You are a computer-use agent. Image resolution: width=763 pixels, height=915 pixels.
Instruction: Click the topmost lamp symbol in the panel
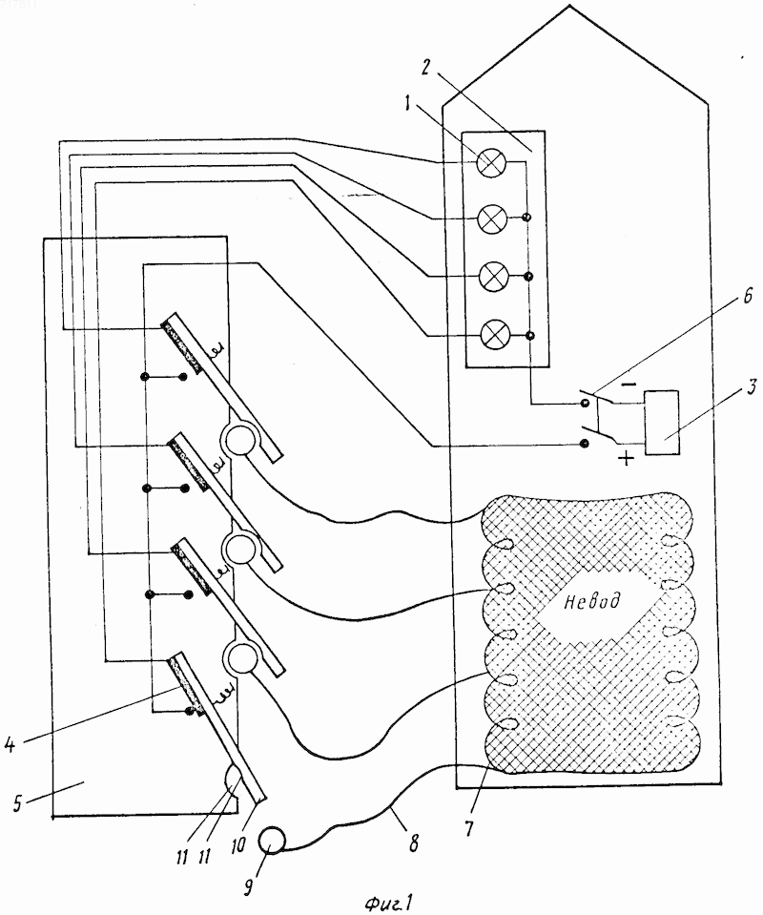pos(492,162)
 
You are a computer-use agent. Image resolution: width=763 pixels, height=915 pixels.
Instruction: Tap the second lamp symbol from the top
pos(493,218)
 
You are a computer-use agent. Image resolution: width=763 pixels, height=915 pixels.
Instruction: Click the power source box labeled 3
pos(662,423)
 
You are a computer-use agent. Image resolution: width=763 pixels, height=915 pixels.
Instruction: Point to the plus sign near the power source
pos(626,459)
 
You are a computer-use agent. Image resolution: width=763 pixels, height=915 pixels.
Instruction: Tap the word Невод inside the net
pos(591,600)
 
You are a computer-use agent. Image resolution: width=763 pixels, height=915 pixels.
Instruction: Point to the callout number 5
pos(17,803)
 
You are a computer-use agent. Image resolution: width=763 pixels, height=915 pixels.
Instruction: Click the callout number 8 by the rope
pos(413,843)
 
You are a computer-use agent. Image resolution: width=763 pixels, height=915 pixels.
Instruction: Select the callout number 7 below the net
pos(469,827)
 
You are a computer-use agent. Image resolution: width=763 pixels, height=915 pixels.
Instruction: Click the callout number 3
pos(753,386)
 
